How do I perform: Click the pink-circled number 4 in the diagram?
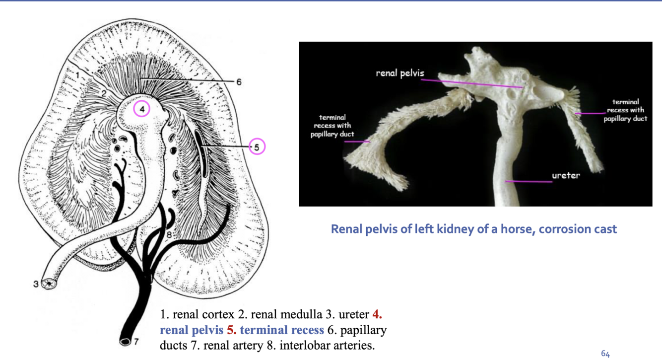(x=142, y=109)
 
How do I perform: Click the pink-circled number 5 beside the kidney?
(x=257, y=146)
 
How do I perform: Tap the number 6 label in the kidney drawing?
(x=239, y=82)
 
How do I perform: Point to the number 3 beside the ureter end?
(x=36, y=284)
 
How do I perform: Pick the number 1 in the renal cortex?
(x=77, y=74)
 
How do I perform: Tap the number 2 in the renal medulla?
(x=104, y=93)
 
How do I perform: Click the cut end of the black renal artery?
(x=125, y=342)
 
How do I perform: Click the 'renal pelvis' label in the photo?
(x=400, y=73)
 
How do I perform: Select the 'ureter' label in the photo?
(x=566, y=175)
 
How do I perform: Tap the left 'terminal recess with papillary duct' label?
(x=332, y=126)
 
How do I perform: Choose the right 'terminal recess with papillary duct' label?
(x=625, y=110)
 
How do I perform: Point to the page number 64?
(x=605, y=354)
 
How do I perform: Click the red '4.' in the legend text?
(x=377, y=315)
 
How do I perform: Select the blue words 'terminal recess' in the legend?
(x=282, y=330)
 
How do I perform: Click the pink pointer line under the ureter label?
(x=528, y=181)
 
